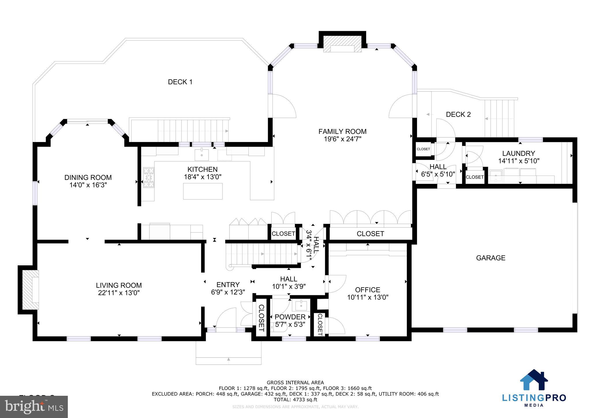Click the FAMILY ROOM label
342,132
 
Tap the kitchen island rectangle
203,191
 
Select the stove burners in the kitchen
149,177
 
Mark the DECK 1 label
180,82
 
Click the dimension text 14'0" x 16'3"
88,185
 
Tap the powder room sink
301,305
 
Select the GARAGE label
491,258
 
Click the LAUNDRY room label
519,153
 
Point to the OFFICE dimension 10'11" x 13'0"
368,297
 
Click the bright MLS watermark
34,406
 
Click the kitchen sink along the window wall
201,154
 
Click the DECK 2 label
458,115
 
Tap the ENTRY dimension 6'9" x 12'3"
228,292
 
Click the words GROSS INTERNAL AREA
295,383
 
